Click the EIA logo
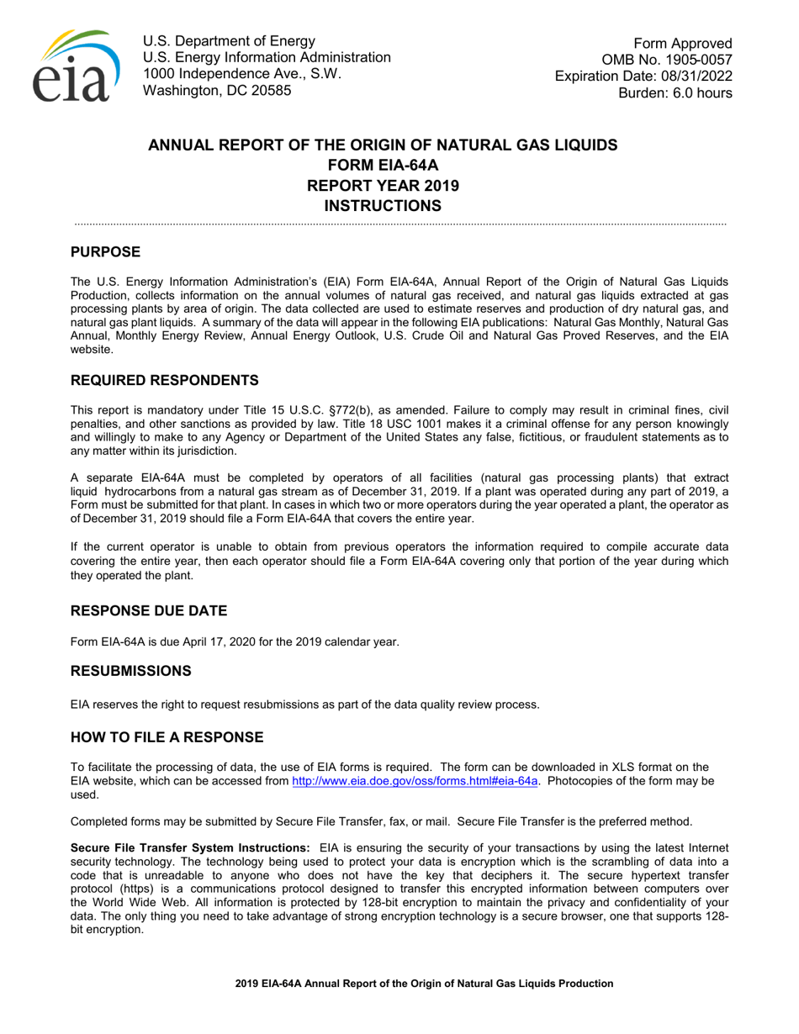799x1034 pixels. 75,66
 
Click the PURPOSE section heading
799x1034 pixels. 105,252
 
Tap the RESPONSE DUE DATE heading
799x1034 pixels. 149,610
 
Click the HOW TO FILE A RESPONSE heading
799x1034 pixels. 167,737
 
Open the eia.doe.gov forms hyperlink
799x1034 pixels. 415,781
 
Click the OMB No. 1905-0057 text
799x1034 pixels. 667,60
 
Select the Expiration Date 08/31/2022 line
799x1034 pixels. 643,76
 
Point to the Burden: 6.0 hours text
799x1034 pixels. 675,92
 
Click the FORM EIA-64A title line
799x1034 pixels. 383,164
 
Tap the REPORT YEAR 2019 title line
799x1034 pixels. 383,184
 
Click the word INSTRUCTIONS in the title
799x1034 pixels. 383,204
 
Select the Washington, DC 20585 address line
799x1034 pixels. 218,90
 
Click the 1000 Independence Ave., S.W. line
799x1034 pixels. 242,74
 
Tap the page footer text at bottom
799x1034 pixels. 424,983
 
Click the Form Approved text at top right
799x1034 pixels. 683,44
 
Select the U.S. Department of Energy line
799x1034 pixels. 230,41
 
